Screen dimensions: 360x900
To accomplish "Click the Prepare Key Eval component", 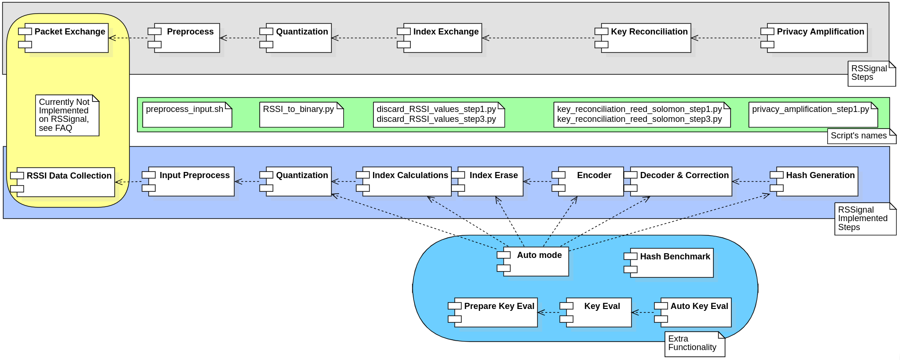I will [x=496, y=312].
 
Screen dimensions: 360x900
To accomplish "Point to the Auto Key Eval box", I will [x=696, y=312].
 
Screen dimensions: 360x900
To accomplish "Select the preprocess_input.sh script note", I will [x=187, y=114].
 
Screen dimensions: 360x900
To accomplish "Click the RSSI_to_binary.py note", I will [x=301, y=114].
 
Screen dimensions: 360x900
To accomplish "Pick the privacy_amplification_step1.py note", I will [x=813, y=114].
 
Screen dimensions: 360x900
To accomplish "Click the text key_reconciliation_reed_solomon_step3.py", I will [x=639, y=119].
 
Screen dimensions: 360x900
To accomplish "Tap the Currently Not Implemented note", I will [x=67, y=115].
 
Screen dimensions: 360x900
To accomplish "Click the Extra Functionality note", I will [x=694, y=344].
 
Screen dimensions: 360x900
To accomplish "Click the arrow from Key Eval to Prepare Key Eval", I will [x=549, y=312].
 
